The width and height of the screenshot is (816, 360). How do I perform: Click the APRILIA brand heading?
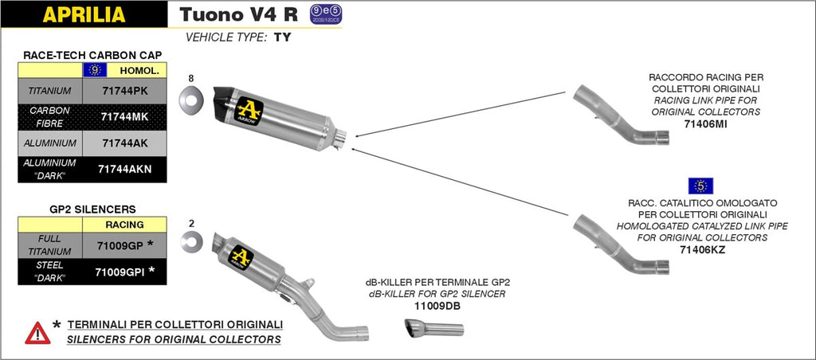pos(83,14)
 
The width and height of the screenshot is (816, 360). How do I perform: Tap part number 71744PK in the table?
pos(125,91)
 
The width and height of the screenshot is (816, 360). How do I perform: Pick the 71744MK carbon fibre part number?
pos(125,117)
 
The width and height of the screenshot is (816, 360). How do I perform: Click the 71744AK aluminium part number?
pos(125,143)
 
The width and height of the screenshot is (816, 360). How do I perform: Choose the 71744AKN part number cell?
pos(125,169)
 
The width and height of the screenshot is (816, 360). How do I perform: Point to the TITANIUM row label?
pos(49,91)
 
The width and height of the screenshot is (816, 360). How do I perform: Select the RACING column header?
pos(124,225)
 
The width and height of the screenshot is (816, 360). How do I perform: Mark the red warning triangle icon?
pos(37,332)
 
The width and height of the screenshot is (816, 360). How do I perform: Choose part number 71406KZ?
pos(702,250)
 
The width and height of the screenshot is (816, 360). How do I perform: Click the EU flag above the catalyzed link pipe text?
pos(700,186)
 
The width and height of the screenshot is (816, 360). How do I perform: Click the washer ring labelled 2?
pos(191,241)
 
